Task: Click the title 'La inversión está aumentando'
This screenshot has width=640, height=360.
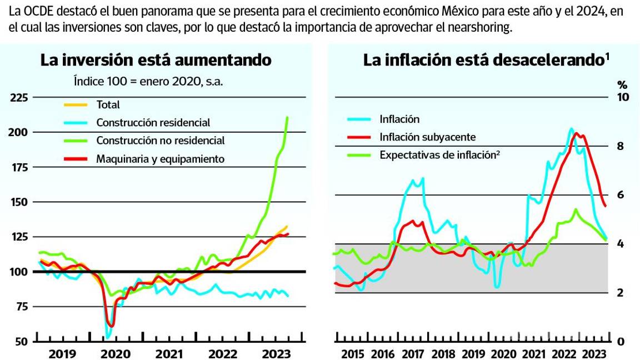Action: [x=156, y=60]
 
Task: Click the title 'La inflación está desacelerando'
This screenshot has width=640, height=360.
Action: [x=483, y=60]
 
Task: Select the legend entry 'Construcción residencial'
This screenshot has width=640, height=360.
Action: [x=153, y=123]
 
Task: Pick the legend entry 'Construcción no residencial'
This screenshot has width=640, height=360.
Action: [x=161, y=141]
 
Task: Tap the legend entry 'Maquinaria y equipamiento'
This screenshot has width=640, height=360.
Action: [x=160, y=159]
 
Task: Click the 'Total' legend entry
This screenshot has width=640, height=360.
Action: [x=108, y=104]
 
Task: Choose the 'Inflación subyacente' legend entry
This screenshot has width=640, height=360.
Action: [x=428, y=137]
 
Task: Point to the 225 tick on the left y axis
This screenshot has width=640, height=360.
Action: [x=19, y=98]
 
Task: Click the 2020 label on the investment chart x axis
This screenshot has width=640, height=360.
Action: [x=116, y=354]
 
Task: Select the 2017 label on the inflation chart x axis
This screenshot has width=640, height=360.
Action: [x=413, y=354]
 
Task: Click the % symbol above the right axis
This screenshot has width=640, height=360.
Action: [x=622, y=85]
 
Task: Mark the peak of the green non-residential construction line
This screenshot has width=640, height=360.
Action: [x=287, y=117]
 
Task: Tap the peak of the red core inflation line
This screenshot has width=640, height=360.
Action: [x=577, y=133]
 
